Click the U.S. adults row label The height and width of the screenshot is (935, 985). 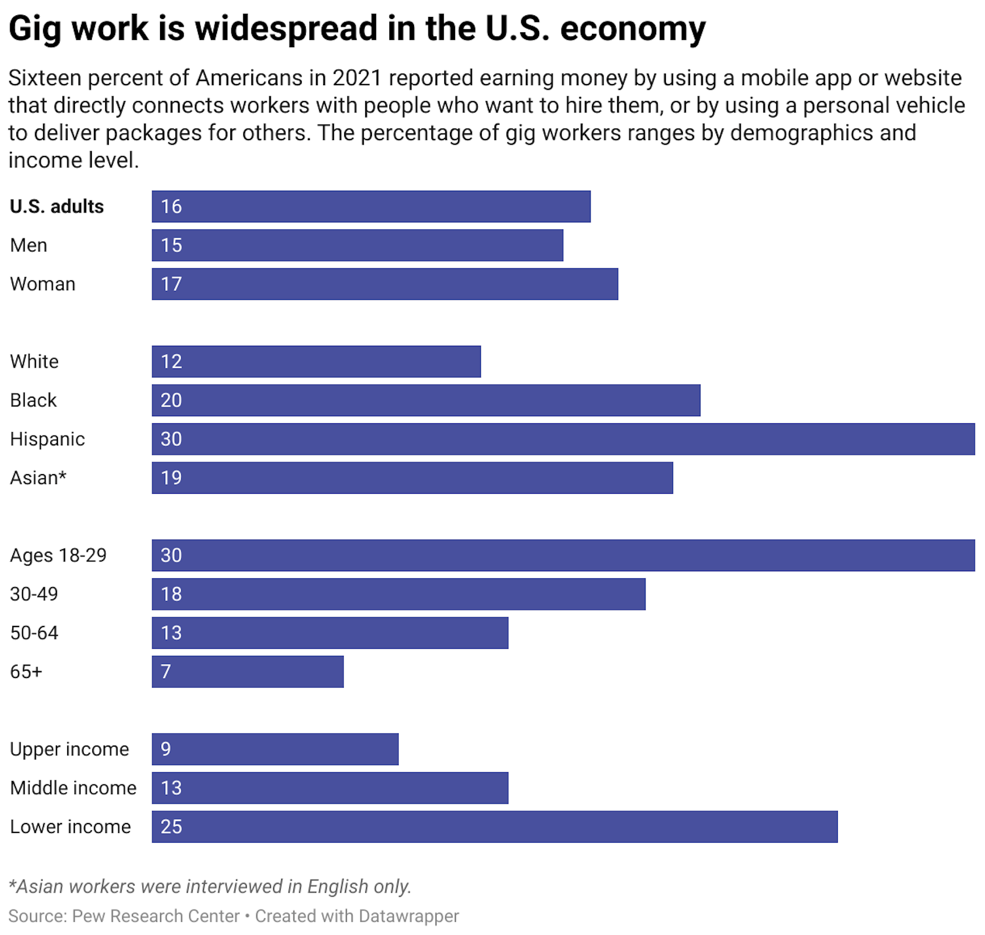point(56,206)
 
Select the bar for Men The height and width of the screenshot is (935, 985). point(357,245)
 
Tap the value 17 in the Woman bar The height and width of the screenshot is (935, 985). point(171,284)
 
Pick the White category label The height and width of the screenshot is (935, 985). point(34,361)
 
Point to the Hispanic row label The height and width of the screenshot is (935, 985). point(47,439)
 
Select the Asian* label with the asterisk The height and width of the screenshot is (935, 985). point(38,478)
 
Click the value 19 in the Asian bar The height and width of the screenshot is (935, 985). point(171,478)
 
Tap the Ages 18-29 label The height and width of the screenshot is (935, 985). point(58,555)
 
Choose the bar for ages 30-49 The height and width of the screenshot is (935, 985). point(398,594)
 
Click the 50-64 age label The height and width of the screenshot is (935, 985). point(34,633)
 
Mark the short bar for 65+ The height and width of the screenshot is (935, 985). point(247,672)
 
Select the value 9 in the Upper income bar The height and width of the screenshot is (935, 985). point(165,749)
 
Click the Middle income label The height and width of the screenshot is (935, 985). point(73,788)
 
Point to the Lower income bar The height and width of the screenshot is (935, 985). point(494,827)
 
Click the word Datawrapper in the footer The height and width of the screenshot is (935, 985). point(408,916)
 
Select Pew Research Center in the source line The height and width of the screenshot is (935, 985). point(155,916)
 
